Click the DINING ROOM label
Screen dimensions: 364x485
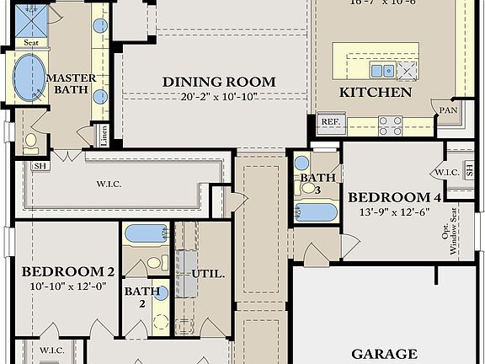coord(219,82)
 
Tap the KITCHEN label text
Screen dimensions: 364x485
coord(376,92)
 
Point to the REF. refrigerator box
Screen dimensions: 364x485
coord(330,122)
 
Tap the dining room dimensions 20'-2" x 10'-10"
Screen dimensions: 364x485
coord(219,96)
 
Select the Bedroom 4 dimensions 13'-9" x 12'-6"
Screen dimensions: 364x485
coord(395,211)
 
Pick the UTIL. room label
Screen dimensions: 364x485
coord(209,274)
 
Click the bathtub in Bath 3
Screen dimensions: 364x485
coord(317,211)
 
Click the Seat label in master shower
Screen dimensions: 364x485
coord(31,42)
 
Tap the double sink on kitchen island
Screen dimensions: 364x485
coord(382,71)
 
